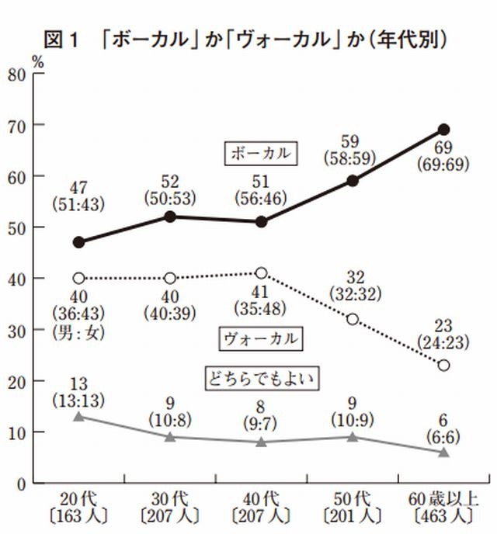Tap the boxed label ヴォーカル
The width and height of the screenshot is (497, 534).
(261, 339)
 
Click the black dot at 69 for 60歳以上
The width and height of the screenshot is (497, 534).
(443, 130)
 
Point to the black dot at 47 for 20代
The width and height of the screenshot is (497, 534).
(78, 242)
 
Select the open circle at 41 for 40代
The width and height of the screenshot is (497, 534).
(261, 273)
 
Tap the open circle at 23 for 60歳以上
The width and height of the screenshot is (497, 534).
(443, 365)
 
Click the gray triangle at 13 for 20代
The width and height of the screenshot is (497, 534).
(78, 417)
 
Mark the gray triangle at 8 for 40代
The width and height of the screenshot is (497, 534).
(261, 442)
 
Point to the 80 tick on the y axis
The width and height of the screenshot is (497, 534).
(16, 75)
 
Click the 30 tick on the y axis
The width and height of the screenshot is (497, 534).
(16, 330)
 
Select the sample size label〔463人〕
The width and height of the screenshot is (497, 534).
(443, 515)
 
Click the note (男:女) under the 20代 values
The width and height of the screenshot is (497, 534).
(78, 334)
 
